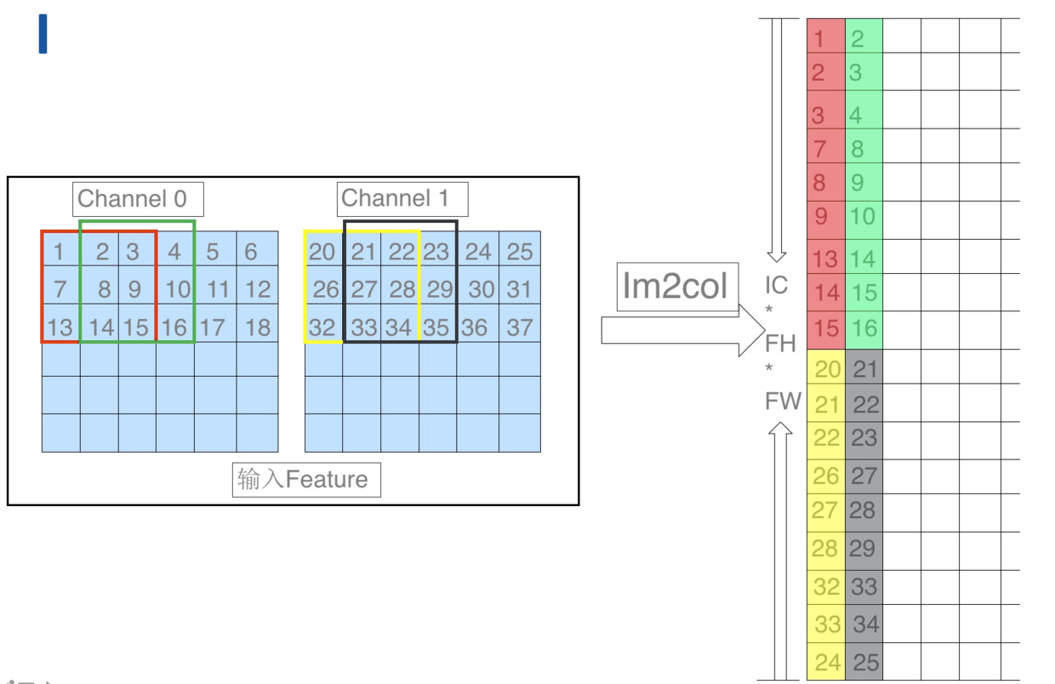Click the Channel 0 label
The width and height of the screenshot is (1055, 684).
[x=137, y=200]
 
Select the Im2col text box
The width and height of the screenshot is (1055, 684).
[x=676, y=287]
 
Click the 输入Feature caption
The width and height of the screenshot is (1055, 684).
[x=305, y=480]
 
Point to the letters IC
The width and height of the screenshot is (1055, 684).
[x=776, y=285]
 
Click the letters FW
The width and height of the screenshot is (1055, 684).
[x=783, y=401]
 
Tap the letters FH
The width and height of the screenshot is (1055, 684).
[x=780, y=344]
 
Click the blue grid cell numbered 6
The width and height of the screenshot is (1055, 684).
[x=257, y=251]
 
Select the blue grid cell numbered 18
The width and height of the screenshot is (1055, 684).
[x=257, y=328]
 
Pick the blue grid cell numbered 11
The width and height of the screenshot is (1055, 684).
[x=216, y=289]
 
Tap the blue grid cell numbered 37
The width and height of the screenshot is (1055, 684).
[x=520, y=328]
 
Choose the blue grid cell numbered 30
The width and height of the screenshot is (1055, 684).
[x=479, y=289]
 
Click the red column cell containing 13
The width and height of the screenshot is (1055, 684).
[x=825, y=258]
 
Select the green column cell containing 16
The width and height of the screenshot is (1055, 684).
[x=864, y=328]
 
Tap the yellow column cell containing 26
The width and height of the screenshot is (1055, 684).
[x=825, y=475]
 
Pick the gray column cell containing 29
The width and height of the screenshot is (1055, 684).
[x=864, y=549]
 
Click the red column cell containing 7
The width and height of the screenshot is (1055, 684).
[x=825, y=148]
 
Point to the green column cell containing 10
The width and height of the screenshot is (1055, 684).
[x=864, y=217]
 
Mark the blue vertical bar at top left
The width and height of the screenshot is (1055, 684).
[x=43, y=34]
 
